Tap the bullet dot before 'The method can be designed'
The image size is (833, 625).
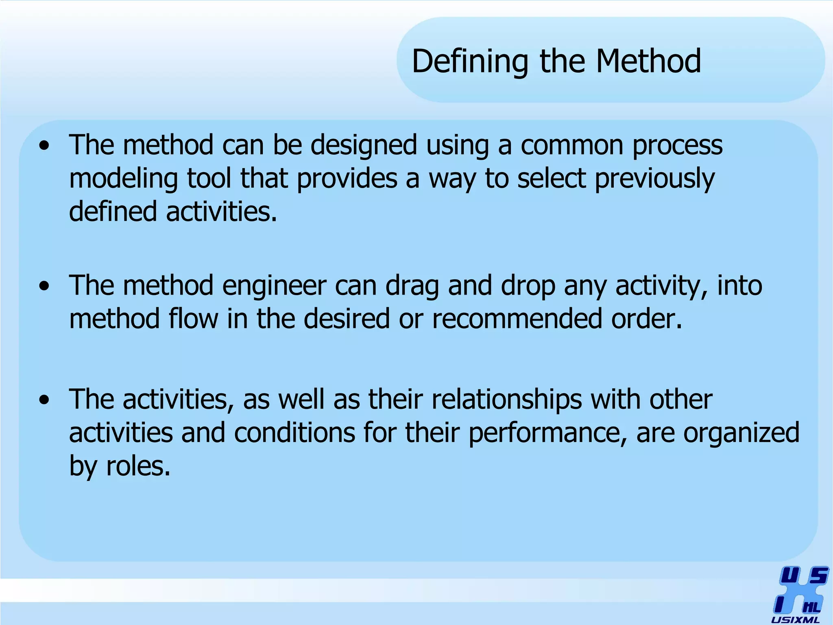pyautogui.click(x=44, y=146)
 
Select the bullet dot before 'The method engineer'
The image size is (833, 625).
pyautogui.click(x=44, y=286)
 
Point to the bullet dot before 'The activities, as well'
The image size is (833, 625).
pyautogui.click(x=44, y=400)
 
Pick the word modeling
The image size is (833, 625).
pyautogui.click(x=123, y=179)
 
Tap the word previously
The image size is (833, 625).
pyautogui.click(x=654, y=179)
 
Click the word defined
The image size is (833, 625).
pyautogui.click(x=113, y=212)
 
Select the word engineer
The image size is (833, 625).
pyautogui.click(x=274, y=286)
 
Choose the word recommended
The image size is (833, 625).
pyautogui.click(x=517, y=319)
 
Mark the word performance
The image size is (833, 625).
pyautogui.click(x=547, y=433)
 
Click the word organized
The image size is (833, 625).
pyautogui.click(x=741, y=433)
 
